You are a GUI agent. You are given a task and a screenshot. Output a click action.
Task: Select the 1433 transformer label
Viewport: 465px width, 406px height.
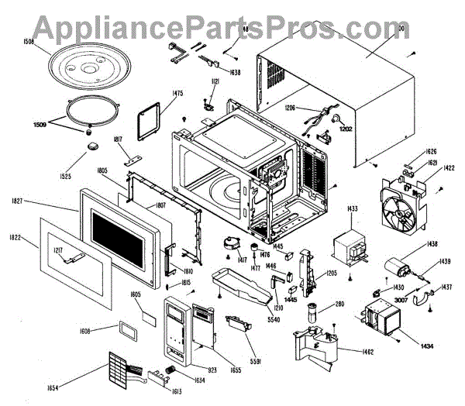tap(352, 209)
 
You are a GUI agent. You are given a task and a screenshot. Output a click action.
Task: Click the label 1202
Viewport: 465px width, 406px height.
tap(344, 128)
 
